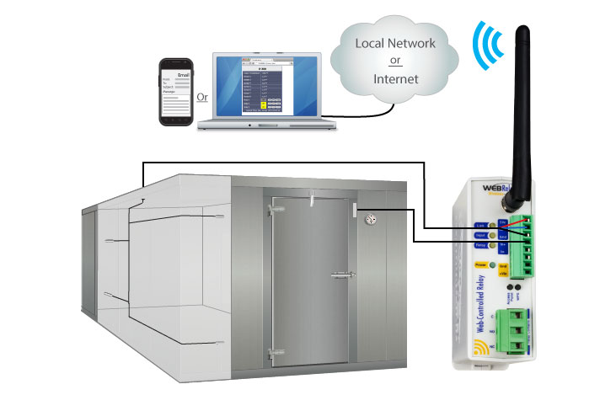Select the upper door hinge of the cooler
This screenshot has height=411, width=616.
(x=272, y=206)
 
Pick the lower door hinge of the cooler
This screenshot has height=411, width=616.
(x=271, y=353)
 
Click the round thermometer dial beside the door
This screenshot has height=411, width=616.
(x=369, y=219)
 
